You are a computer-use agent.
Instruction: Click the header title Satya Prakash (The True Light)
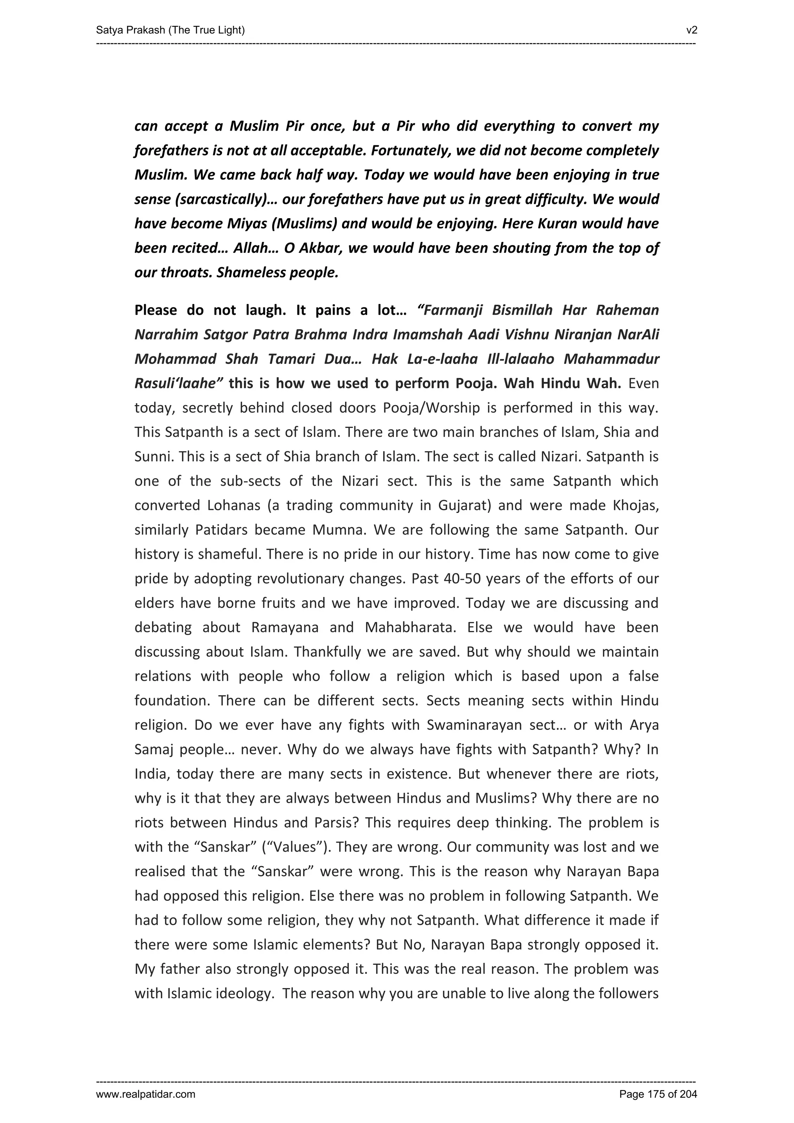[x=170, y=30]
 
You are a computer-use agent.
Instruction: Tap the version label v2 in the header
[x=691, y=30]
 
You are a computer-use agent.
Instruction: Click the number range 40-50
[x=462, y=579]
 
